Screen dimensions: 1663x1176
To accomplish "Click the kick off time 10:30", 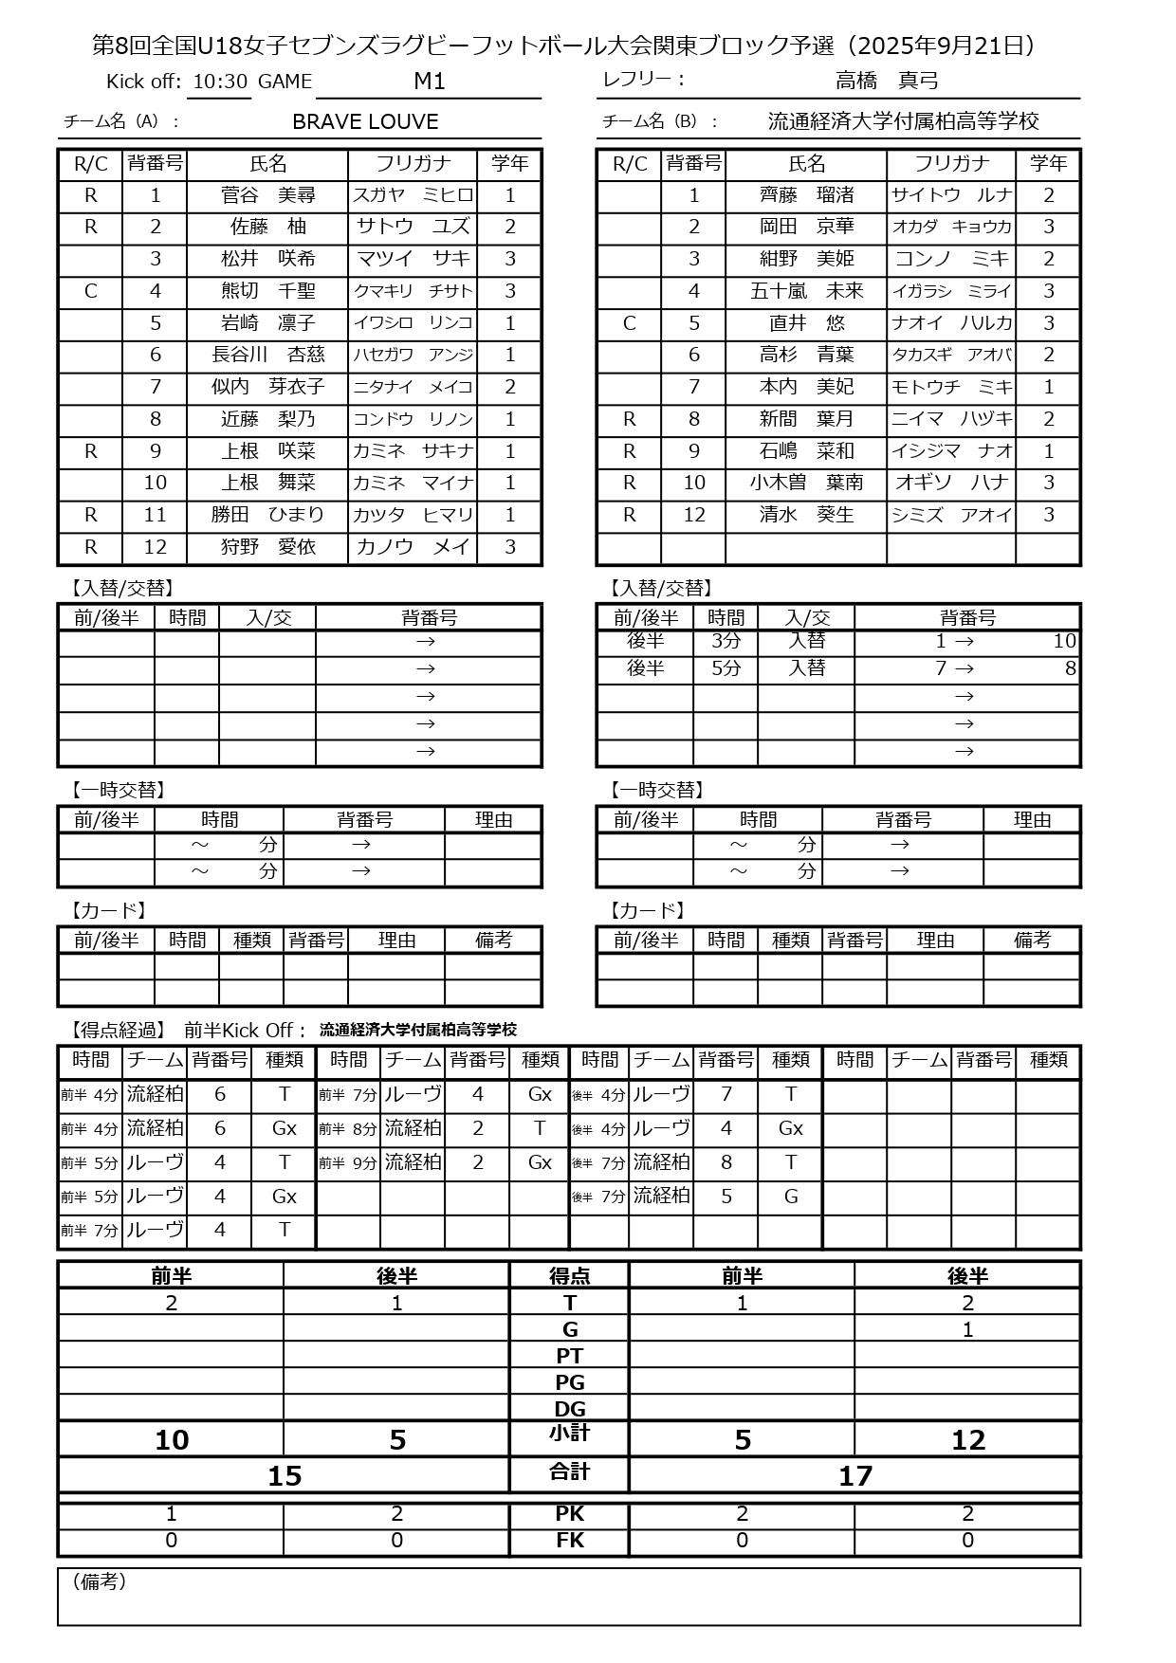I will click(219, 82).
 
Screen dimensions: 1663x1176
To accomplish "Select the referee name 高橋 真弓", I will click(886, 81).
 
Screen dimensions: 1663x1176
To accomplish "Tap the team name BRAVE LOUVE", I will click(365, 122).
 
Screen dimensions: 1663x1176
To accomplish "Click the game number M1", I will click(429, 82).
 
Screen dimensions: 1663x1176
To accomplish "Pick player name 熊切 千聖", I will click(267, 291).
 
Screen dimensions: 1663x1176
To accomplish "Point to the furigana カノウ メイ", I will click(413, 547).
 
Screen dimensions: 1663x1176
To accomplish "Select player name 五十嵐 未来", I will click(806, 291).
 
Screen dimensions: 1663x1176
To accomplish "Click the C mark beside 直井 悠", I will click(629, 323).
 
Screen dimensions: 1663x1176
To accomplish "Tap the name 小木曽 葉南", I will click(806, 483).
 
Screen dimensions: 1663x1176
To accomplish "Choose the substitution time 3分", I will click(726, 641).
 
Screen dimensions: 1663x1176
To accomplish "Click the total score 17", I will click(854, 1475).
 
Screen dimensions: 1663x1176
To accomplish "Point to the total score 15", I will click(284, 1475).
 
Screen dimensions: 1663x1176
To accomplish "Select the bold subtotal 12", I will click(967, 1440).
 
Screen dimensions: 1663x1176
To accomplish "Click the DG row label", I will click(569, 1409).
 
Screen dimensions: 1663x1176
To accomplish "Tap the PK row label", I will click(569, 1514).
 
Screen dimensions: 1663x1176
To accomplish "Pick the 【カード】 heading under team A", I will click(108, 911).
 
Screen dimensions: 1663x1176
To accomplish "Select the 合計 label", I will click(569, 1471).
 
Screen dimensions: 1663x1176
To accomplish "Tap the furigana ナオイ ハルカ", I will click(951, 323).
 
